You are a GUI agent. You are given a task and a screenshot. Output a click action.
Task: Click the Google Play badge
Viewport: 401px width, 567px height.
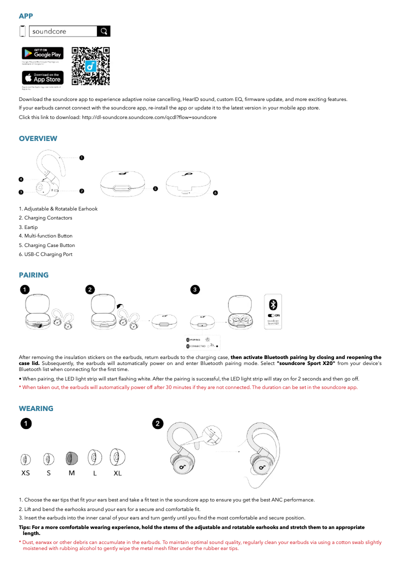[x=42, y=53]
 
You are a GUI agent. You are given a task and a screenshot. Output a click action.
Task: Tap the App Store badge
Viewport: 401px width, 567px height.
[x=42, y=78]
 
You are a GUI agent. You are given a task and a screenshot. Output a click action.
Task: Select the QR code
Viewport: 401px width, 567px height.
[x=90, y=66]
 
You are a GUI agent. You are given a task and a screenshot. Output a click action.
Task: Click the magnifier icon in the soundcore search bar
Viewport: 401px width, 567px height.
[x=103, y=31]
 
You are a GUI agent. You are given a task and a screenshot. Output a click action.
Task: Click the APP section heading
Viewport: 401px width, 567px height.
[x=26, y=16]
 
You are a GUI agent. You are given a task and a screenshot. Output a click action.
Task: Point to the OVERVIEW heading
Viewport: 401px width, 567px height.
[x=38, y=138]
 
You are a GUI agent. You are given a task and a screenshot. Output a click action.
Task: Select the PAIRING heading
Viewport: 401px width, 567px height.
[x=33, y=275]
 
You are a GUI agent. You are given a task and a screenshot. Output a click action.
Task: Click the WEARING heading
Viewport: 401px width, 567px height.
[x=36, y=408]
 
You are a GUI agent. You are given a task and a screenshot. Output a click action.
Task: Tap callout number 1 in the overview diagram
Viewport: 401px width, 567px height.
[x=81, y=158]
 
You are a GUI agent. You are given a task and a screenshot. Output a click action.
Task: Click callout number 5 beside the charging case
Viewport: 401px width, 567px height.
[x=155, y=189]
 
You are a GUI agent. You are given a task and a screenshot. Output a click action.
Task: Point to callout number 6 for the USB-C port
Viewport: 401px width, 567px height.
[x=215, y=192]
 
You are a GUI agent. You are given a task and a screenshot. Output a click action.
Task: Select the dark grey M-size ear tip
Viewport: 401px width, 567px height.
[x=71, y=457]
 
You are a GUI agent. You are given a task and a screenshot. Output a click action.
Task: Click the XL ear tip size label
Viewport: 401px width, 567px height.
[x=117, y=473]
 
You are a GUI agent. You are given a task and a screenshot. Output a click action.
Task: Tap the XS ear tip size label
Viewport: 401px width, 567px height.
[x=25, y=473]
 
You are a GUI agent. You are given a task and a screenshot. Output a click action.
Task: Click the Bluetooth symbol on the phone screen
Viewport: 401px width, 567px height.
[x=273, y=304]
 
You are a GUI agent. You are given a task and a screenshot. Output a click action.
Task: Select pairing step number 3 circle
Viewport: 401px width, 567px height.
[x=195, y=289]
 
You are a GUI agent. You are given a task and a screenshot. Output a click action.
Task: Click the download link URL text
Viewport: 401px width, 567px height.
[x=149, y=117]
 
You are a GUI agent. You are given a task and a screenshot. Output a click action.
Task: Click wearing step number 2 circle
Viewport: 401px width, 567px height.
[x=157, y=423]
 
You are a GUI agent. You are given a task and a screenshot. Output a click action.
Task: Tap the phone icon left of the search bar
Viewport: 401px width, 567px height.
[x=22, y=31]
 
